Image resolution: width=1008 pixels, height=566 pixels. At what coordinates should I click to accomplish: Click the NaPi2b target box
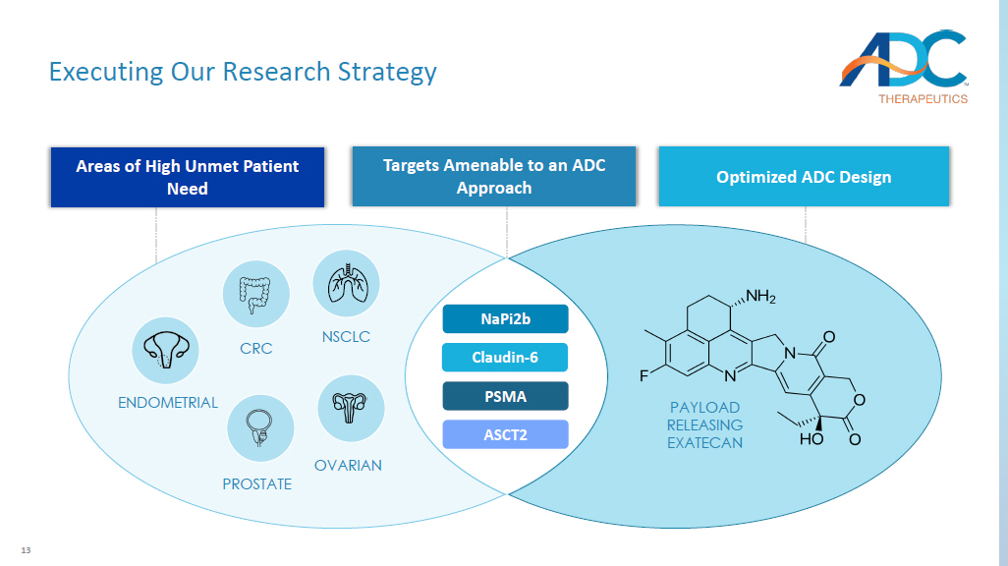click(505, 319)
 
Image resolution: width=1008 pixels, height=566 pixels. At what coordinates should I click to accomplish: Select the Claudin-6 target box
click(505, 358)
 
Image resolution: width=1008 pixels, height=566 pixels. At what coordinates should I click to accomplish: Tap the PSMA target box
click(505, 396)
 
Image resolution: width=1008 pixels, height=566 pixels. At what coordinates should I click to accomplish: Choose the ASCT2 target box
click(505, 434)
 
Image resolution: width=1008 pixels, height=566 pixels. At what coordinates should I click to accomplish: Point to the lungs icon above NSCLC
click(346, 283)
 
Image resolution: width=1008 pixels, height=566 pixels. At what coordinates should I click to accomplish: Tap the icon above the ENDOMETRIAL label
click(165, 351)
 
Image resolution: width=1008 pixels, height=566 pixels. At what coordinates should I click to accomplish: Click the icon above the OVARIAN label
click(351, 408)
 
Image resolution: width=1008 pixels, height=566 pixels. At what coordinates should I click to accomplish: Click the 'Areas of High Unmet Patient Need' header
click(187, 177)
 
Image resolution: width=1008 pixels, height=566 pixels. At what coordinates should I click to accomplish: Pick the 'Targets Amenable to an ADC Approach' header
click(494, 177)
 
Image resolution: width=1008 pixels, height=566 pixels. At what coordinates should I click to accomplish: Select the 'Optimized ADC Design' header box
click(804, 177)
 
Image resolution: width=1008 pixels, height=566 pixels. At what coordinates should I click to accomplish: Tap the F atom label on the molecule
click(645, 375)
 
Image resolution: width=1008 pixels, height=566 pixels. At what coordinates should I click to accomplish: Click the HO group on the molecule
click(812, 439)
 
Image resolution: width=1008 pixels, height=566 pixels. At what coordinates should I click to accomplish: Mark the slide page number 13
click(27, 549)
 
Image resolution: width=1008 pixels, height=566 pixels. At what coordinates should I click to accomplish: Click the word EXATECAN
click(704, 443)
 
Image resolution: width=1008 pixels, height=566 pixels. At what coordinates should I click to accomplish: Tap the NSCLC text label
click(346, 337)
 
